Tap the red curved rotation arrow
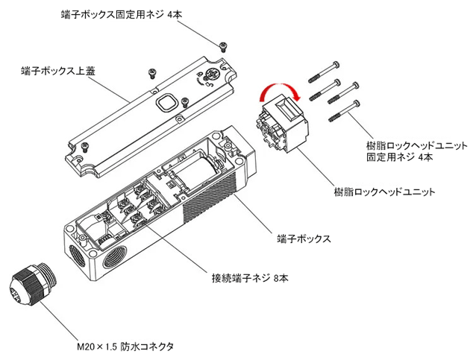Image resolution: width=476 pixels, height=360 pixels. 277,92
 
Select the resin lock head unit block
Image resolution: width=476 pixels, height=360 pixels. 280,127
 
